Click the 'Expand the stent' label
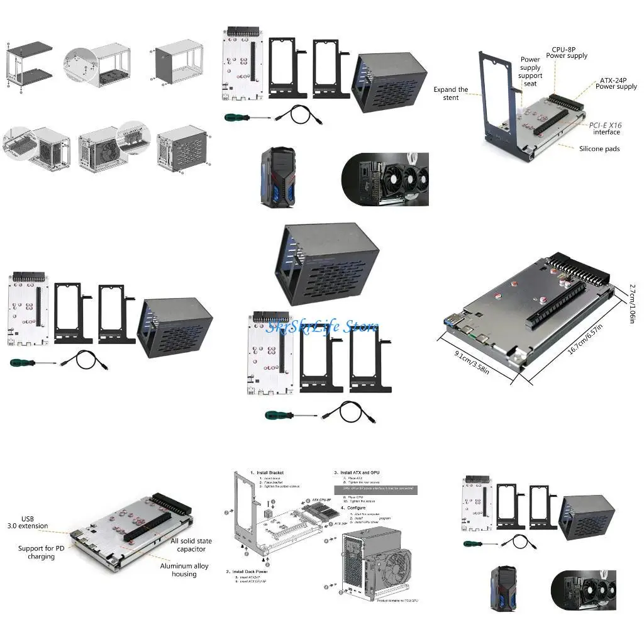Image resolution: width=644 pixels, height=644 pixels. point(450,94)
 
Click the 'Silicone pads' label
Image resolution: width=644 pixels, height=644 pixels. point(599,149)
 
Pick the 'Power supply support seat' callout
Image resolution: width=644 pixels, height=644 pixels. point(530,72)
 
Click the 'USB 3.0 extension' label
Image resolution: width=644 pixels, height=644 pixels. point(26,521)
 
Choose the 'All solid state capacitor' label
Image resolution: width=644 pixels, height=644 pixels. point(191,545)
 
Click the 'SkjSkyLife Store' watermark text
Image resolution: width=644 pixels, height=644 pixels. point(322,326)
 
